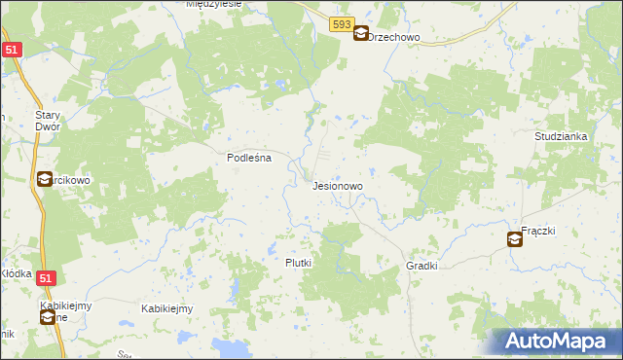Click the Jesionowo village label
tap(338, 185)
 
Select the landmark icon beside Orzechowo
tap(361, 33)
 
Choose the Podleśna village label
tap(248, 157)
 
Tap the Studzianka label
tap(561, 137)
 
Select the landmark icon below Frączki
tap(515, 238)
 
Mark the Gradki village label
tap(422, 266)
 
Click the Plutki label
tap(298, 263)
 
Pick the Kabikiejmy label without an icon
tap(166, 308)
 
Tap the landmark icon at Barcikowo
tap(45, 179)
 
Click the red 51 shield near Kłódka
tap(45, 278)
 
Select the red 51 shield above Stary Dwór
tap(11, 50)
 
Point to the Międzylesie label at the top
tap(214, 4)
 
